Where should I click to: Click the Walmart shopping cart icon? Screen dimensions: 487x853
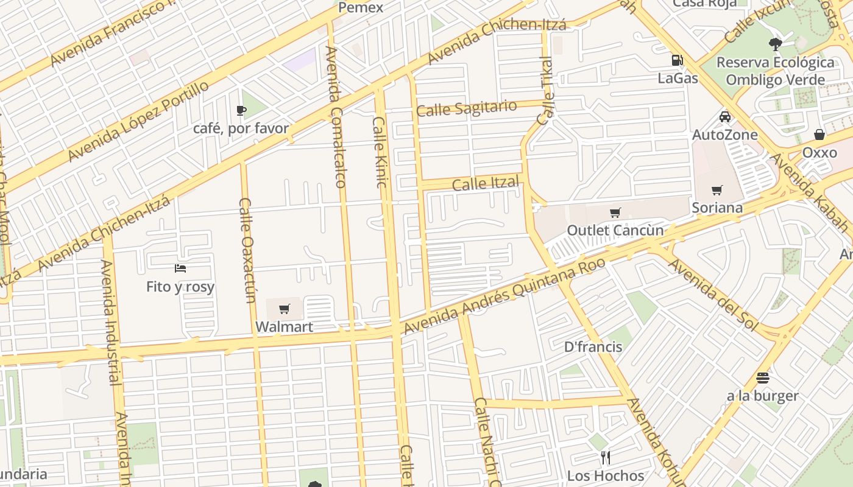pyautogui.click(x=284, y=309)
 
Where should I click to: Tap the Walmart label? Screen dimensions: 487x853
pyautogui.click(x=284, y=327)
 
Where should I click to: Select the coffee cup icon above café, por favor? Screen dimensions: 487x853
pyautogui.click(x=241, y=110)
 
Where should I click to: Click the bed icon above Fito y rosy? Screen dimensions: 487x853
pyautogui.click(x=180, y=268)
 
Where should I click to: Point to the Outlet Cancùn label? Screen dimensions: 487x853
pyautogui.click(x=615, y=231)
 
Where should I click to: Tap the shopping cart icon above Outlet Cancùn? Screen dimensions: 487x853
pyautogui.click(x=615, y=212)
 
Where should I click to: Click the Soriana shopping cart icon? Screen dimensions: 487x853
pyautogui.click(x=717, y=191)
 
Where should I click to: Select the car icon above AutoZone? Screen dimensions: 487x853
pyautogui.click(x=725, y=117)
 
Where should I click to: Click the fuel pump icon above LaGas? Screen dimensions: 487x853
pyautogui.click(x=677, y=60)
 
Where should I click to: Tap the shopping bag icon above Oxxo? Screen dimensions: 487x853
pyautogui.click(x=819, y=135)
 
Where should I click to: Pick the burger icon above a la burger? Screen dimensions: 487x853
pyautogui.click(x=762, y=378)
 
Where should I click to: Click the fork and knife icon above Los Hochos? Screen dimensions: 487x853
pyautogui.click(x=605, y=457)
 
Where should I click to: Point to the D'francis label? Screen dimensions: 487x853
pyautogui.click(x=593, y=347)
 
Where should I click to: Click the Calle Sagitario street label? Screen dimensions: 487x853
pyautogui.click(x=467, y=108)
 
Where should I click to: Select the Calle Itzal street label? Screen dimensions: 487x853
pyautogui.click(x=486, y=183)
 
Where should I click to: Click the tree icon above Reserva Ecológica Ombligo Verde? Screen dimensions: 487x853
pyautogui.click(x=776, y=44)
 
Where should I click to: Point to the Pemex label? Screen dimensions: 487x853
pyautogui.click(x=361, y=8)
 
